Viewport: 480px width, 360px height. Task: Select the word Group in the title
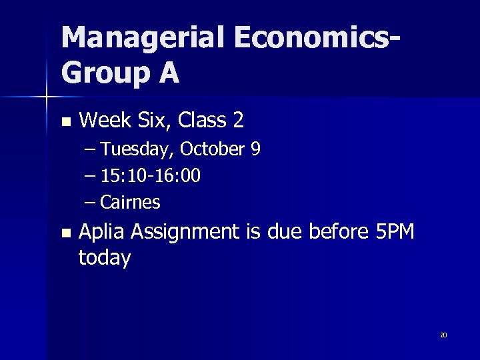coord(103,73)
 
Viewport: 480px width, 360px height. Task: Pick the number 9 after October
coord(255,149)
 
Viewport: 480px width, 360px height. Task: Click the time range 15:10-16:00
coord(151,176)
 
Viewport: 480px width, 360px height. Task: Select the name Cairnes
coord(130,202)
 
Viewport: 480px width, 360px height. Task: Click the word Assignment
coord(185,232)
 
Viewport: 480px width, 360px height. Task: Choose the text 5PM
coord(395,232)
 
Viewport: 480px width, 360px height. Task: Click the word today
coord(105,258)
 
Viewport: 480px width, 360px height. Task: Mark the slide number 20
coord(443,335)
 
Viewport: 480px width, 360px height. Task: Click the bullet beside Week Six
coord(65,122)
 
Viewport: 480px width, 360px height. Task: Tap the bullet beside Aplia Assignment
coord(65,233)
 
